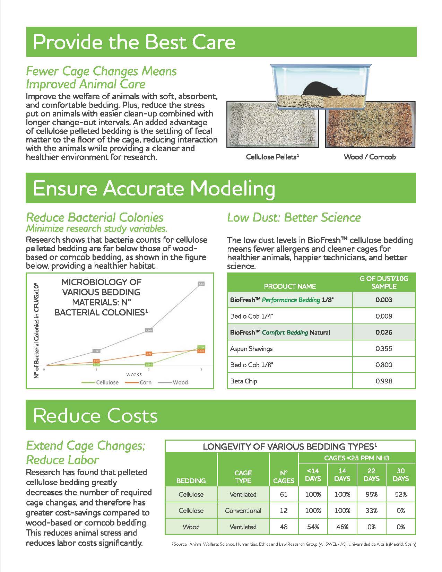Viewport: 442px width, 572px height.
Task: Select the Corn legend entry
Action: tap(138, 382)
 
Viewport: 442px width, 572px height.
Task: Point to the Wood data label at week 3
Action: tap(201, 284)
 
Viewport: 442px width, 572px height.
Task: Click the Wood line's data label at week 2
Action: tap(149, 330)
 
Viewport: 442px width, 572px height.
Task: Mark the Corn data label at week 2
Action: tap(149, 354)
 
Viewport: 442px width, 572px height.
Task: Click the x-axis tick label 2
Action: tap(149, 370)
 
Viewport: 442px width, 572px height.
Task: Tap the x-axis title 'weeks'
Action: tap(134, 374)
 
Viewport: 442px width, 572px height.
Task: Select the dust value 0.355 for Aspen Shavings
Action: tap(384, 349)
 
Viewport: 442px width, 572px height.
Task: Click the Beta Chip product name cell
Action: tap(244, 381)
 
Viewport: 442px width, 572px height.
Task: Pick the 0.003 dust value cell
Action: tap(384, 300)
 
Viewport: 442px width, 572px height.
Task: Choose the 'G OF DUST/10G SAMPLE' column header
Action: tap(384, 283)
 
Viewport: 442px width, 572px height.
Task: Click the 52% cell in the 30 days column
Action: tap(401, 494)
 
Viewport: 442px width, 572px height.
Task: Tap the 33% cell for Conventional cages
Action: tap(371, 511)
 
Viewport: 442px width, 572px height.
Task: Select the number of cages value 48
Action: tap(284, 527)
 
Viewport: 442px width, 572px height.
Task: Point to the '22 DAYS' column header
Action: tap(371, 475)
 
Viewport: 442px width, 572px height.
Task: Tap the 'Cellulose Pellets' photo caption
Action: tap(272, 157)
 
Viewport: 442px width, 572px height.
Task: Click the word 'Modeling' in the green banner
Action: tap(233, 189)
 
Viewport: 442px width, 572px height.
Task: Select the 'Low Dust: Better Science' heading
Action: tap(294, 218)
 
